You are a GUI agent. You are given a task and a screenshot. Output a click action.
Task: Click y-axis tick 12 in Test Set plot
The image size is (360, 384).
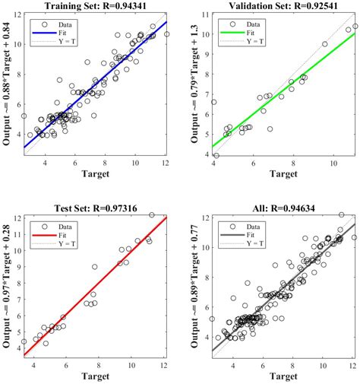(x=15, y=219)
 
